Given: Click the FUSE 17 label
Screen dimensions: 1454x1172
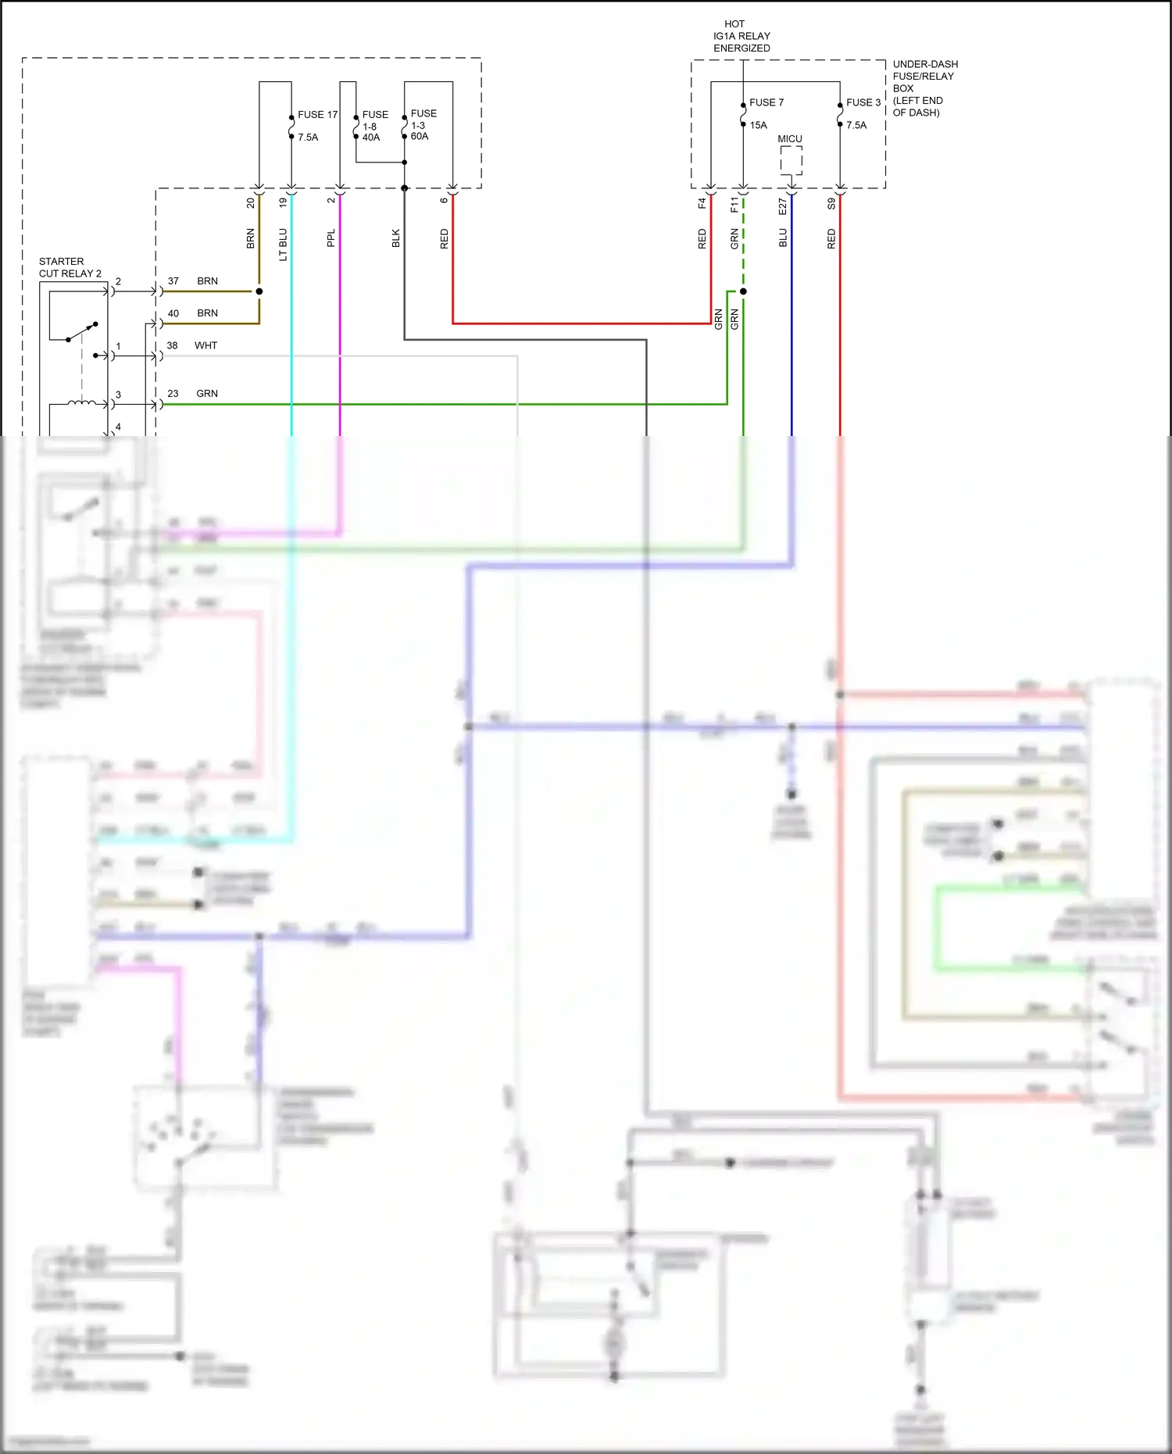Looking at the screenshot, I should (317, 114).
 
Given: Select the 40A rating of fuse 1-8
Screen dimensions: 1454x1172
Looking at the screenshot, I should (371, 138).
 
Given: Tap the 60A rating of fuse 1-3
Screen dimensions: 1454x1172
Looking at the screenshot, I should (420, 137).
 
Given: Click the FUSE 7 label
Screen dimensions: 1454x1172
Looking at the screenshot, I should (766, 102).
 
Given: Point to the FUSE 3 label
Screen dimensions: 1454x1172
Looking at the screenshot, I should (863, 102).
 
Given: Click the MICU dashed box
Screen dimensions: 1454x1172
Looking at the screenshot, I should (791, 160).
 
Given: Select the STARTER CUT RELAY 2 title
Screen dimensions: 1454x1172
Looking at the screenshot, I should (70, 267).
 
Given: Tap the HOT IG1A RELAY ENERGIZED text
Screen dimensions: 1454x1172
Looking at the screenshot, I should (741, 36).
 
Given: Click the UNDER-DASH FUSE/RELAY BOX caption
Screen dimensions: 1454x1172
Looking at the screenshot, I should (924, 88).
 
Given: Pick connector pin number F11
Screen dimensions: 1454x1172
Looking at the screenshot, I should (734, 205).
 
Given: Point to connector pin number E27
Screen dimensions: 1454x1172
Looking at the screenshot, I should (783, 205).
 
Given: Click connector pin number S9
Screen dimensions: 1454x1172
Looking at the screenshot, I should (831, 204).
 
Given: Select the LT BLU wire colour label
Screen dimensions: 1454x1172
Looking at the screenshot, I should (283, 244).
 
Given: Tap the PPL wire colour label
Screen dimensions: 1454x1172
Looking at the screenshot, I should (331, 238).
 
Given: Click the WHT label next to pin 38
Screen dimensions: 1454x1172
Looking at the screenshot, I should (205, 345).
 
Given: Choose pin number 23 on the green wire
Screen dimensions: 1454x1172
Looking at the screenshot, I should (173, 394).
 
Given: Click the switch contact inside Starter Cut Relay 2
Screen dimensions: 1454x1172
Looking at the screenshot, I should (82, 331).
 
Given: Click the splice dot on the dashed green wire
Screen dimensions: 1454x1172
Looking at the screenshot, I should (743, 291).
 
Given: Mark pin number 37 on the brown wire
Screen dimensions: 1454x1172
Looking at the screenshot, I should (173, 281).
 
